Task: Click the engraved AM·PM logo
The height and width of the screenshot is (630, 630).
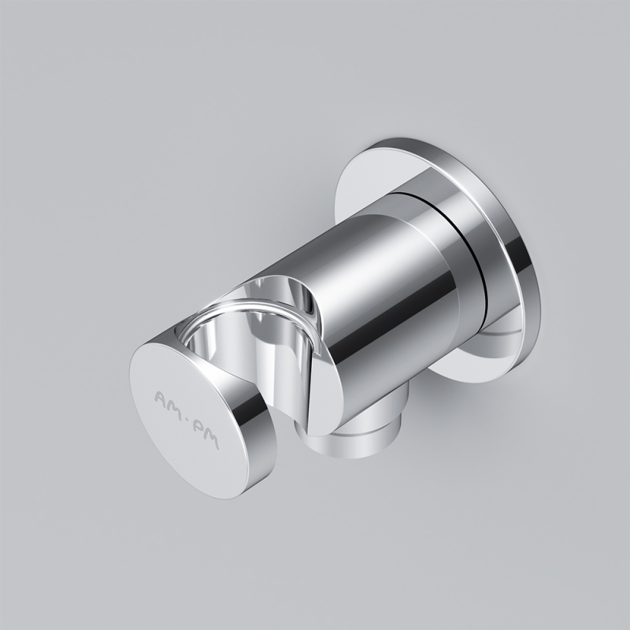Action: pos(187,419)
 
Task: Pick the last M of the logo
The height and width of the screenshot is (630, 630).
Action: pos(211,439)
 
